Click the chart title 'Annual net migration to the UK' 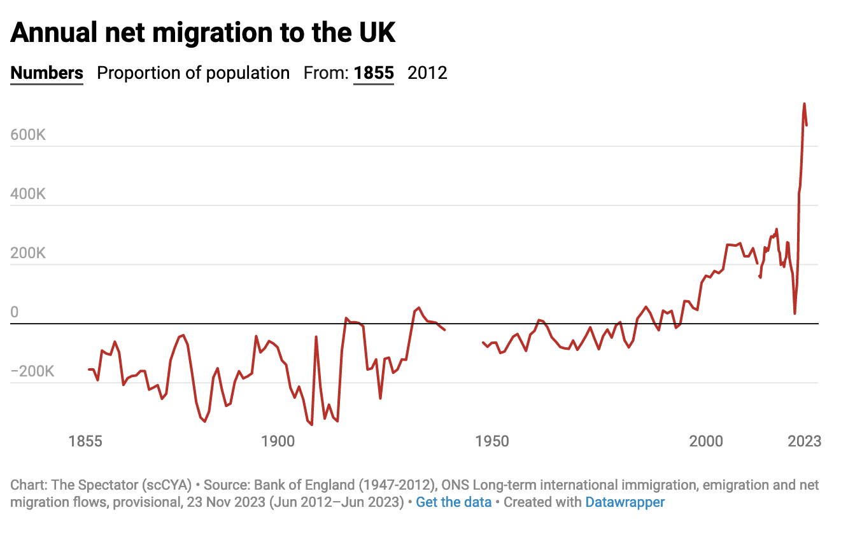[x=203, y=33]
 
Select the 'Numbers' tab [x=47, y=73]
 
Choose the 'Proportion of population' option [x=193, y=73]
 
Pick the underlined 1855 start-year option [x=374, y=73]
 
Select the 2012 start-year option [x=427, y=73]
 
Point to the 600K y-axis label [x=28, y=135]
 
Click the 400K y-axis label [x=28, y=195]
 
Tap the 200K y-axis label [x=28, y=254]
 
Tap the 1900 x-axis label [x=278, y=441]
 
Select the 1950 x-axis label [x=492, y=441]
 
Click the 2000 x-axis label [x=706, y=441]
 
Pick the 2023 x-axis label [x=804, y=441]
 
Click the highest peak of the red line [x=804, y=104]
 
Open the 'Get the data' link [x=453, y=502]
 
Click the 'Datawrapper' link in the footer [x=625, y=502]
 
